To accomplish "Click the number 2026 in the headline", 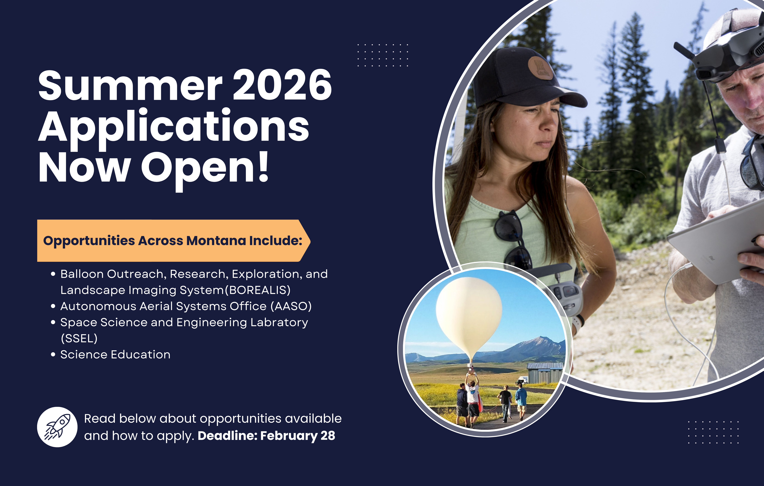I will [282, 85].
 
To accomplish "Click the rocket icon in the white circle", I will [57, 427].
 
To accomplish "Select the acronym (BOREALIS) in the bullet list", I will [258, 290].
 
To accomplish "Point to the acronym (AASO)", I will [291, 306].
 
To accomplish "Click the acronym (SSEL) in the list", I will [79, 339].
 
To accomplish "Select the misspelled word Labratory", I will [279, 322].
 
